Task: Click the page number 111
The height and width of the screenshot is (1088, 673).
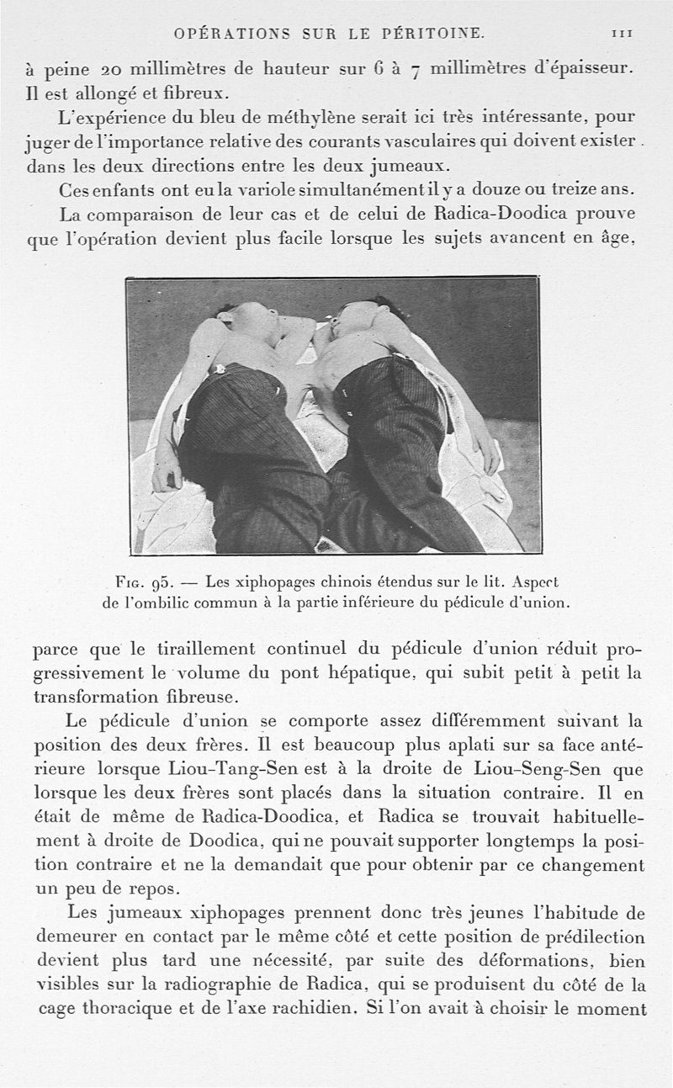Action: (x=623, y=33)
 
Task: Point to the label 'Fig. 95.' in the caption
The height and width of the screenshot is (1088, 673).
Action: (x=144, y=581)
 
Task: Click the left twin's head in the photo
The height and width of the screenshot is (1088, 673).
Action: (x=249, y=319)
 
